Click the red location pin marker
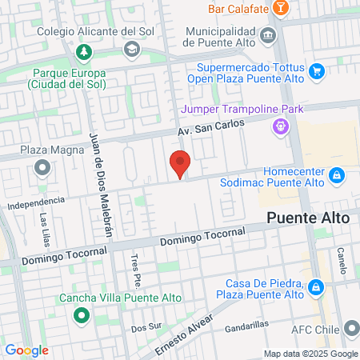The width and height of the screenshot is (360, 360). pos(180,164)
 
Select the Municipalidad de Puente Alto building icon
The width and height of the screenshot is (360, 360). pos(268,36)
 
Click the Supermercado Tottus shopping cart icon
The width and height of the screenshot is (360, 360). pos(317,71)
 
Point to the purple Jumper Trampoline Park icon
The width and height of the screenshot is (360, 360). pos(279,125)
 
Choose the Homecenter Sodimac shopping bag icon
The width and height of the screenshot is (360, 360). pos(337,174)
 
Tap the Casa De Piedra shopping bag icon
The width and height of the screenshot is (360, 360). pos(317,286)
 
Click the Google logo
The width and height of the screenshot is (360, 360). pos(26,350)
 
